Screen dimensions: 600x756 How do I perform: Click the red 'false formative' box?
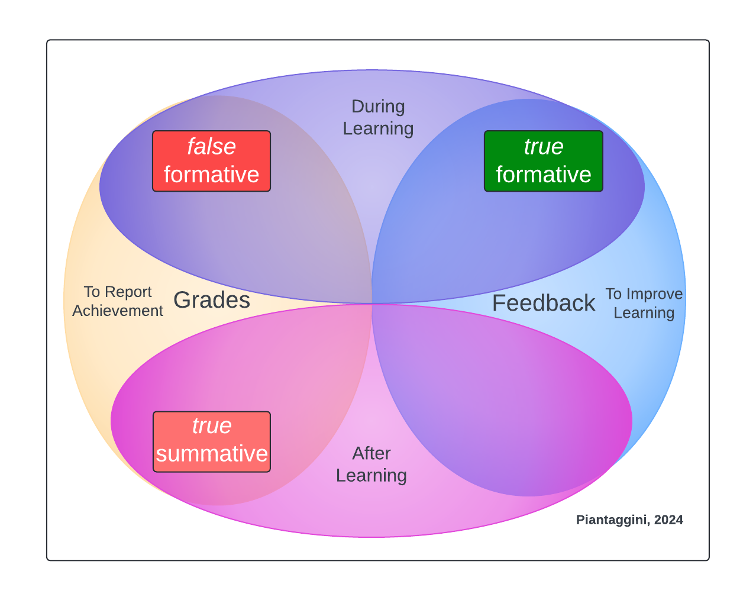pos(211,161)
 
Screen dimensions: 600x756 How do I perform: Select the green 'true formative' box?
pos(543,161)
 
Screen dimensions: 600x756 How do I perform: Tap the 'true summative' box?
pos(212,441)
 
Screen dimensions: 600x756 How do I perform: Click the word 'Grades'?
pos(212,301)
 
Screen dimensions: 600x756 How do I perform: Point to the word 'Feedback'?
pos(543,303)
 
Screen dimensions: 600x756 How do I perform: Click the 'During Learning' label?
pos(378,117)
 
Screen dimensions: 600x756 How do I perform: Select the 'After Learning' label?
pos(371,464)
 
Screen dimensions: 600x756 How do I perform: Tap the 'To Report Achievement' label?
pos(118,301)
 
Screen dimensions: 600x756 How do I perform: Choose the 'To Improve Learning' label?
pos(644,303)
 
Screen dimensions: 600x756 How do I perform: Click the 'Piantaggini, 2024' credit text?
pos(629,520)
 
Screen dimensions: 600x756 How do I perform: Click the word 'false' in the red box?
pos(211,147)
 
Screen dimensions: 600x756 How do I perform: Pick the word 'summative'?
pos(212,454)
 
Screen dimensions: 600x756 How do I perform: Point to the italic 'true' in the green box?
pos(543,147)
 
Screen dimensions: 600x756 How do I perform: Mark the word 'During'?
pos(378,107)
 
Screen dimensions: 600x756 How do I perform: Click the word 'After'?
pos(371,453)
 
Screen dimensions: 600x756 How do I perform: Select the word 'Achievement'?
pos(118,311)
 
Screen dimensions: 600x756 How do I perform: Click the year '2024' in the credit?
pos(668,520)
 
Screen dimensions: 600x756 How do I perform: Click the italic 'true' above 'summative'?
pos(212,426)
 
